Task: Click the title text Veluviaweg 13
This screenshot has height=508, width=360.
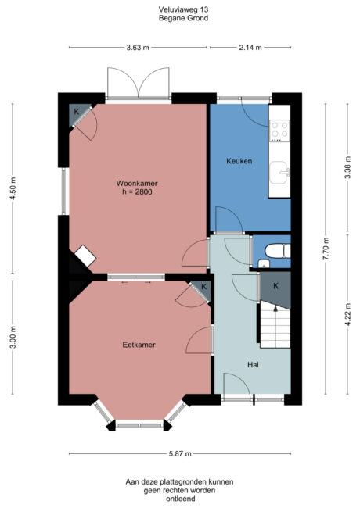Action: tap(180, 9)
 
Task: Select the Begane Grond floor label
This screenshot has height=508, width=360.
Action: tap(180, 17)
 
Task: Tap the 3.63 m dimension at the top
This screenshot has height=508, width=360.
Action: tap(138, 48)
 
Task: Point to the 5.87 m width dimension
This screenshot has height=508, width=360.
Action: tap(180, 453)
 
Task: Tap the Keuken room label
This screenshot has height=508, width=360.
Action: tap(239, 161)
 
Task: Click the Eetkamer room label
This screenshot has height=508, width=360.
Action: tap(137, 344)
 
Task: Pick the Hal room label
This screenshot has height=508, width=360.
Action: tap(253, 364)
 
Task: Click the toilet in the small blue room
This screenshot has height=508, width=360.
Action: tap(275, 252)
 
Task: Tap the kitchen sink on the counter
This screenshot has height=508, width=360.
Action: tap(279, 170)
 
